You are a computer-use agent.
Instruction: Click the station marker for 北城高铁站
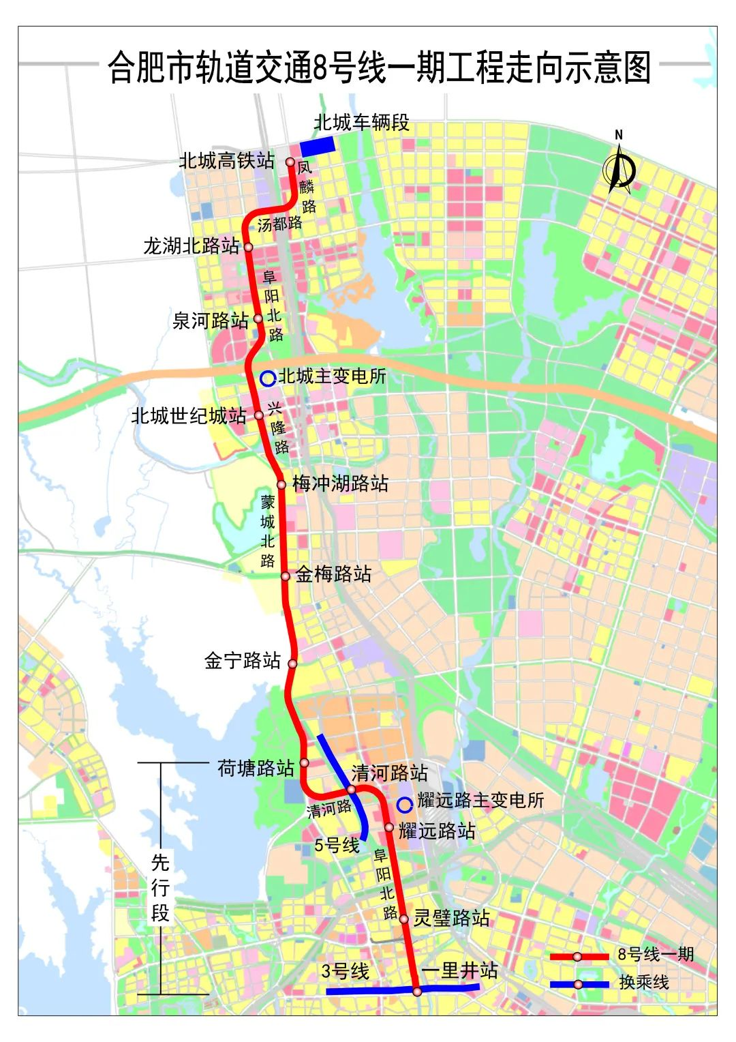click(290, 162)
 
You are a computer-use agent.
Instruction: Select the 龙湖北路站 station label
click(191, 246)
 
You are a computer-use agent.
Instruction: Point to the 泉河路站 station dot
click(258, 318)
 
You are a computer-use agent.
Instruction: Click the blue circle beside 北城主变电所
click(268, 378)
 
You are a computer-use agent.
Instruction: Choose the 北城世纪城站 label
click(189, 415)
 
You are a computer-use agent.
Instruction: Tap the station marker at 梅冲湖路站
click(281, 485)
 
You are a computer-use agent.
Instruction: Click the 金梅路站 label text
click(333, 574)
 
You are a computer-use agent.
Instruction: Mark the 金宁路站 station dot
click(292, 664)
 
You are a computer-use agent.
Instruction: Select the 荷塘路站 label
click(256, 769)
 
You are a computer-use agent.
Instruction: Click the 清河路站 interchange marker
click(352, 790)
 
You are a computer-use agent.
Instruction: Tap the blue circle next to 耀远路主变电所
click(405, 805)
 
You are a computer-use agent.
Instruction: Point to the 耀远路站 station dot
click(389, 828)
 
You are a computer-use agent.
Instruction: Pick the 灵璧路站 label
click(452, 918)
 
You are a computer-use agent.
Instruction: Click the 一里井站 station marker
click(417, 991)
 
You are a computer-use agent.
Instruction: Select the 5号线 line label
click(337, 846)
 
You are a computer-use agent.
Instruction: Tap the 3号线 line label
click(345, 971)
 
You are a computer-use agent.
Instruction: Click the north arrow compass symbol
click(619, 167)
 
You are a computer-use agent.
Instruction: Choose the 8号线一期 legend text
click(656, 955)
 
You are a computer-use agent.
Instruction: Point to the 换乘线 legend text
click(644, 983)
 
